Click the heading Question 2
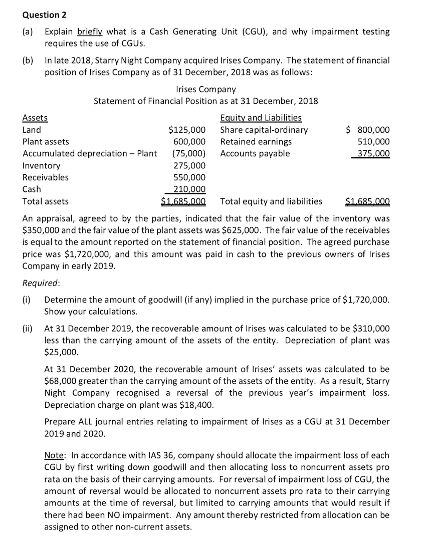42,14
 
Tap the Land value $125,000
186,130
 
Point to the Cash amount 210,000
189,189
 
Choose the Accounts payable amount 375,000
374,154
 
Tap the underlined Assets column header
35,118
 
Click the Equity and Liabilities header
261,118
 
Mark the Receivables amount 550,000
189,177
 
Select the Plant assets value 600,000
189,142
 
